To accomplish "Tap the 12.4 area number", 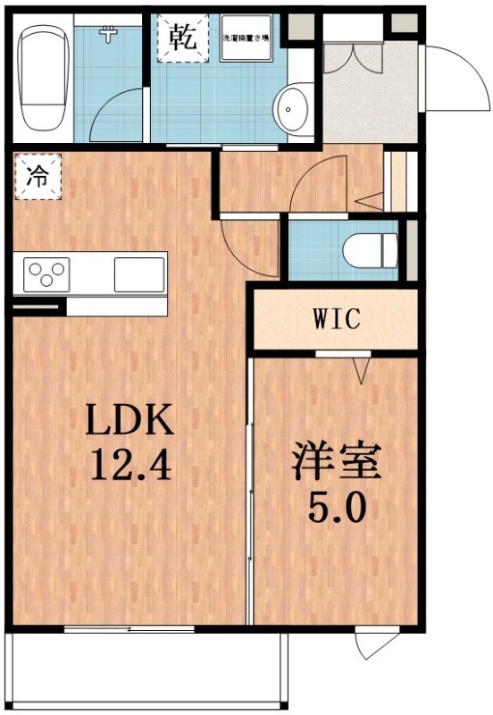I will pyautogui.click(x=127, y=464).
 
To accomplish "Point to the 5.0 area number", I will pyautogui.click(x=337, y=509).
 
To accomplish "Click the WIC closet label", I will pyautogui.click(x=336, y=319).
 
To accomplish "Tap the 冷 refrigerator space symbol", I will pyautogui.click(x=38, y=176).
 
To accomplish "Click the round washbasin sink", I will pyautogui.click(x=291, y=110).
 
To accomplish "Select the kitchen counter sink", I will pyautogui.click(x=139, y=273).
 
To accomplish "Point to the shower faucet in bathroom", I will pyautogui.click(x=110, y=35).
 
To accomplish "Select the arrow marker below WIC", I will pyautogui.click(x=362, y=369).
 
